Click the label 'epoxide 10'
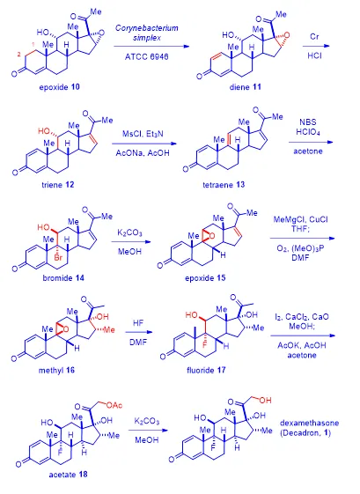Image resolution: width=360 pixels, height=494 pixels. pyautogui.click(x=60, y=86)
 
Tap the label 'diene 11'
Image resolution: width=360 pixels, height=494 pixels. pyautogui.click(x=246, y=86)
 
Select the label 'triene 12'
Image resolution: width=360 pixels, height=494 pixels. pyautogui.click(x=58, y=184)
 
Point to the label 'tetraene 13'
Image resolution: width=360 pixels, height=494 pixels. pyautogui.click(x=224, y=184)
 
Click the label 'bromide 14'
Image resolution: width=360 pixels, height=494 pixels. pyautogui.click(x=63, y=278)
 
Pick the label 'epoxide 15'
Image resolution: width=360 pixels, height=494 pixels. pyautogui.click(x=205, y=278)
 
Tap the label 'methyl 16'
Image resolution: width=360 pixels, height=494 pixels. pyautogui.click(x=56, y=370)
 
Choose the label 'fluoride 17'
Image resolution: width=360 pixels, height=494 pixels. pyautogui.click(x=206, y=370)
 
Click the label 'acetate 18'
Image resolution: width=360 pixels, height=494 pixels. pyautogui.click(x=68, y=474)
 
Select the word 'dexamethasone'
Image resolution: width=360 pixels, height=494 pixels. pyautogui.click(x=310, y=423)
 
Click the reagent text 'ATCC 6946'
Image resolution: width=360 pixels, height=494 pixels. pyautogui.click(x=147, y=56)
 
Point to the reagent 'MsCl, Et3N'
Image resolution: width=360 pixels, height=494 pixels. pyautogui.click(x=143, y=134)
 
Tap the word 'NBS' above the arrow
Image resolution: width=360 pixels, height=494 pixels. pyautogui.click(x=308, y=122)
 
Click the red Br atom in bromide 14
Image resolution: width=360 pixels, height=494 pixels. pyautogui.click(x=58, y=258)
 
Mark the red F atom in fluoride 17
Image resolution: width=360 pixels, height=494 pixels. pyautogui.click(x=205, y=345)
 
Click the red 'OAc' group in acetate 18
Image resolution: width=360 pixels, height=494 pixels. pyautogui.click(x=114, y=405)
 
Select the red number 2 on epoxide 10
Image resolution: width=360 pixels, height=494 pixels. pyautogui.click(x=18, y=55)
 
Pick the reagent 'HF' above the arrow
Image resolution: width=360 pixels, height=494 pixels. pyautogui.click(x=138, y=323)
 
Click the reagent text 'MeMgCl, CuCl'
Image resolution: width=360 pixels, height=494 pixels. pyautogui.click(x=300, y=219)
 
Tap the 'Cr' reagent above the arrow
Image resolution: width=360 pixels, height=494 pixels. pyautogui.click(x=314, y=37)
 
